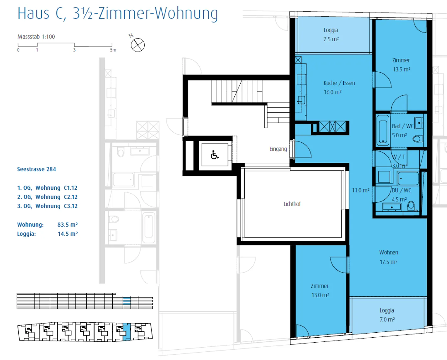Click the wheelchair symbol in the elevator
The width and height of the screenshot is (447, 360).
point(214,155)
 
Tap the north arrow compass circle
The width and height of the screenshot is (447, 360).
point(138,45)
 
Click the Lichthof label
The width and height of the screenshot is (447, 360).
point(292,204)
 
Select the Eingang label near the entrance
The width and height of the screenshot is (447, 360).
point(278,149)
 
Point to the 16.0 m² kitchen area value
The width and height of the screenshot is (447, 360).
point(332,92)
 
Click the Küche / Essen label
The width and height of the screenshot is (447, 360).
point(339,83)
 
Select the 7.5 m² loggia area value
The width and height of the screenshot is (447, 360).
point(331,39)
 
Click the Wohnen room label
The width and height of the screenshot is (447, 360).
point(389,252)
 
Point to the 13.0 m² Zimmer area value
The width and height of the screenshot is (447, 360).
point(320,295)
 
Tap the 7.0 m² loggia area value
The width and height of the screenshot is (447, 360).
point(387,320)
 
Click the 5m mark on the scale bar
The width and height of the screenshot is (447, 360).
point(113,50)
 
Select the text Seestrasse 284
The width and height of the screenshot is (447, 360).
point(36,169)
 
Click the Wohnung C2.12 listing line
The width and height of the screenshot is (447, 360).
point(47,197)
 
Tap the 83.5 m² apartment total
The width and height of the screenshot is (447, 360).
point(67,225)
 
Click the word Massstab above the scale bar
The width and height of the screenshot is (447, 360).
point(29,37)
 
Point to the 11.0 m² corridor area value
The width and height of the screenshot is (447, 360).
point(361,190)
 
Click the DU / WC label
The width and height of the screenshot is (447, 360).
point(401,190)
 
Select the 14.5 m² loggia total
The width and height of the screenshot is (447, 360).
point(68,234)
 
